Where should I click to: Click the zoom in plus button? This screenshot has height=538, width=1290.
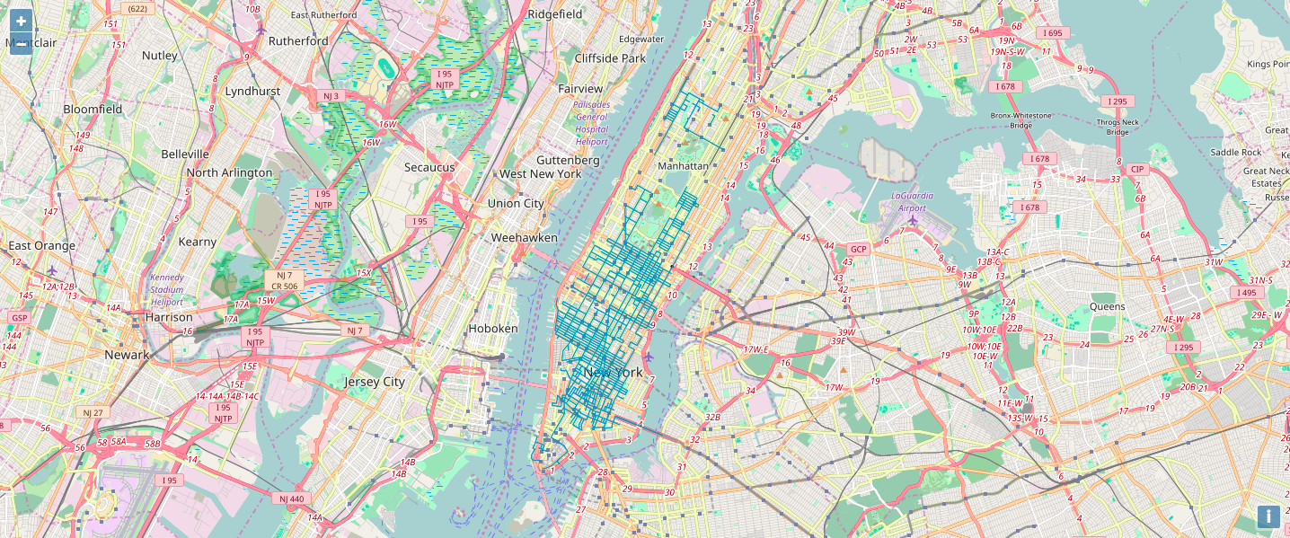pyautogui.click(x=21, y=21)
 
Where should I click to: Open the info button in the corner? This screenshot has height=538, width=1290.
pyautogui.click(x=1268, y=516)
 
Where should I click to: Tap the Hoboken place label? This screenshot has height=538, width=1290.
pyautogui.click(x=493, y=329)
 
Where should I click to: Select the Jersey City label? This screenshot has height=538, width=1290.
pyautogui.click(x=375, y=382)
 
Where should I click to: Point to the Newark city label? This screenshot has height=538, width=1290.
pyautogui.click(x=127, y=355)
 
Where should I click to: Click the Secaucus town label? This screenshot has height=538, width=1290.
pyautogui.click(x=429, y=167)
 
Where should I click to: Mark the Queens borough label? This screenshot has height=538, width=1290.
pyautogui.click(x=1107, y=306)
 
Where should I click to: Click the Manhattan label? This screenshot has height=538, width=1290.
pyautogui.click(x=683, y=166)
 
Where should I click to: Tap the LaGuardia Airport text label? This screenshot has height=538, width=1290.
pyautogui.click(x=912, y=201)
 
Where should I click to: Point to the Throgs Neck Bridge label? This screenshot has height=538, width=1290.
pyautogui.click(x=1117, y=127)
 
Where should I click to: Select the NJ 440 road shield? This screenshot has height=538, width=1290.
pyautogui.click(x=292, y=498)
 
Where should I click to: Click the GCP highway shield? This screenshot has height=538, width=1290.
pyautogui.click(x=859, y=249)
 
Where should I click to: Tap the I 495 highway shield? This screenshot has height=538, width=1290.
pyautogui.click(x=1246, y=293)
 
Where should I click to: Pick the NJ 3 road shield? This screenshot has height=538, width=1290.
pyautogui.click(x=331, y=95)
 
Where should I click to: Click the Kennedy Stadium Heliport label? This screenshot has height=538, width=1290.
pyautogui.click(x=167, y=290)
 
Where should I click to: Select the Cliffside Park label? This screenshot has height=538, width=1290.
pyautogui.click(x=610, y=58)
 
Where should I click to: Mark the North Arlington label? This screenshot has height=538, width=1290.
pyautogui.click(x=229, y=172)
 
